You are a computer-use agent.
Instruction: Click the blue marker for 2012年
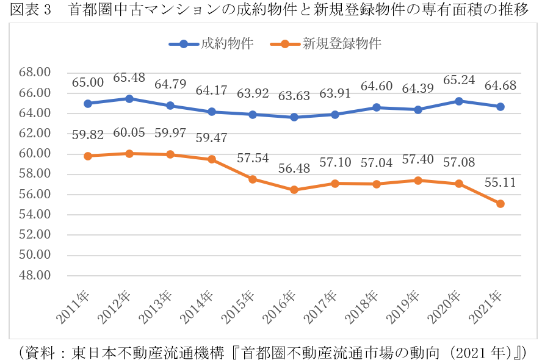(129, 99)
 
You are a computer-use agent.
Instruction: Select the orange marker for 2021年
(501, 204)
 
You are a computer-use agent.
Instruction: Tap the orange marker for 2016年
(294, 190)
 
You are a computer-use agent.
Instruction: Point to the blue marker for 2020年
(459, 101)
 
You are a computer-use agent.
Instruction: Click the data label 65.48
(129, 78)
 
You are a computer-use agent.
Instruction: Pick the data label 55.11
(501, 182)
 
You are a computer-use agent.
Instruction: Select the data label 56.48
(294, 168)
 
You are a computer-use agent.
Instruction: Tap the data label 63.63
(294, 96)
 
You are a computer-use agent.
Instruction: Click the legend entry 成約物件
(211, 43)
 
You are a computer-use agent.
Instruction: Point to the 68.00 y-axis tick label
(35, 73)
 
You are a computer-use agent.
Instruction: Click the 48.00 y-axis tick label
(35, 275)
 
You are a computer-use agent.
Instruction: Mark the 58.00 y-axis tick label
(35, 174)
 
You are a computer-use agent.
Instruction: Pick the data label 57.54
(253, 158)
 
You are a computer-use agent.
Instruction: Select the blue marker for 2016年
(294, 117)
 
